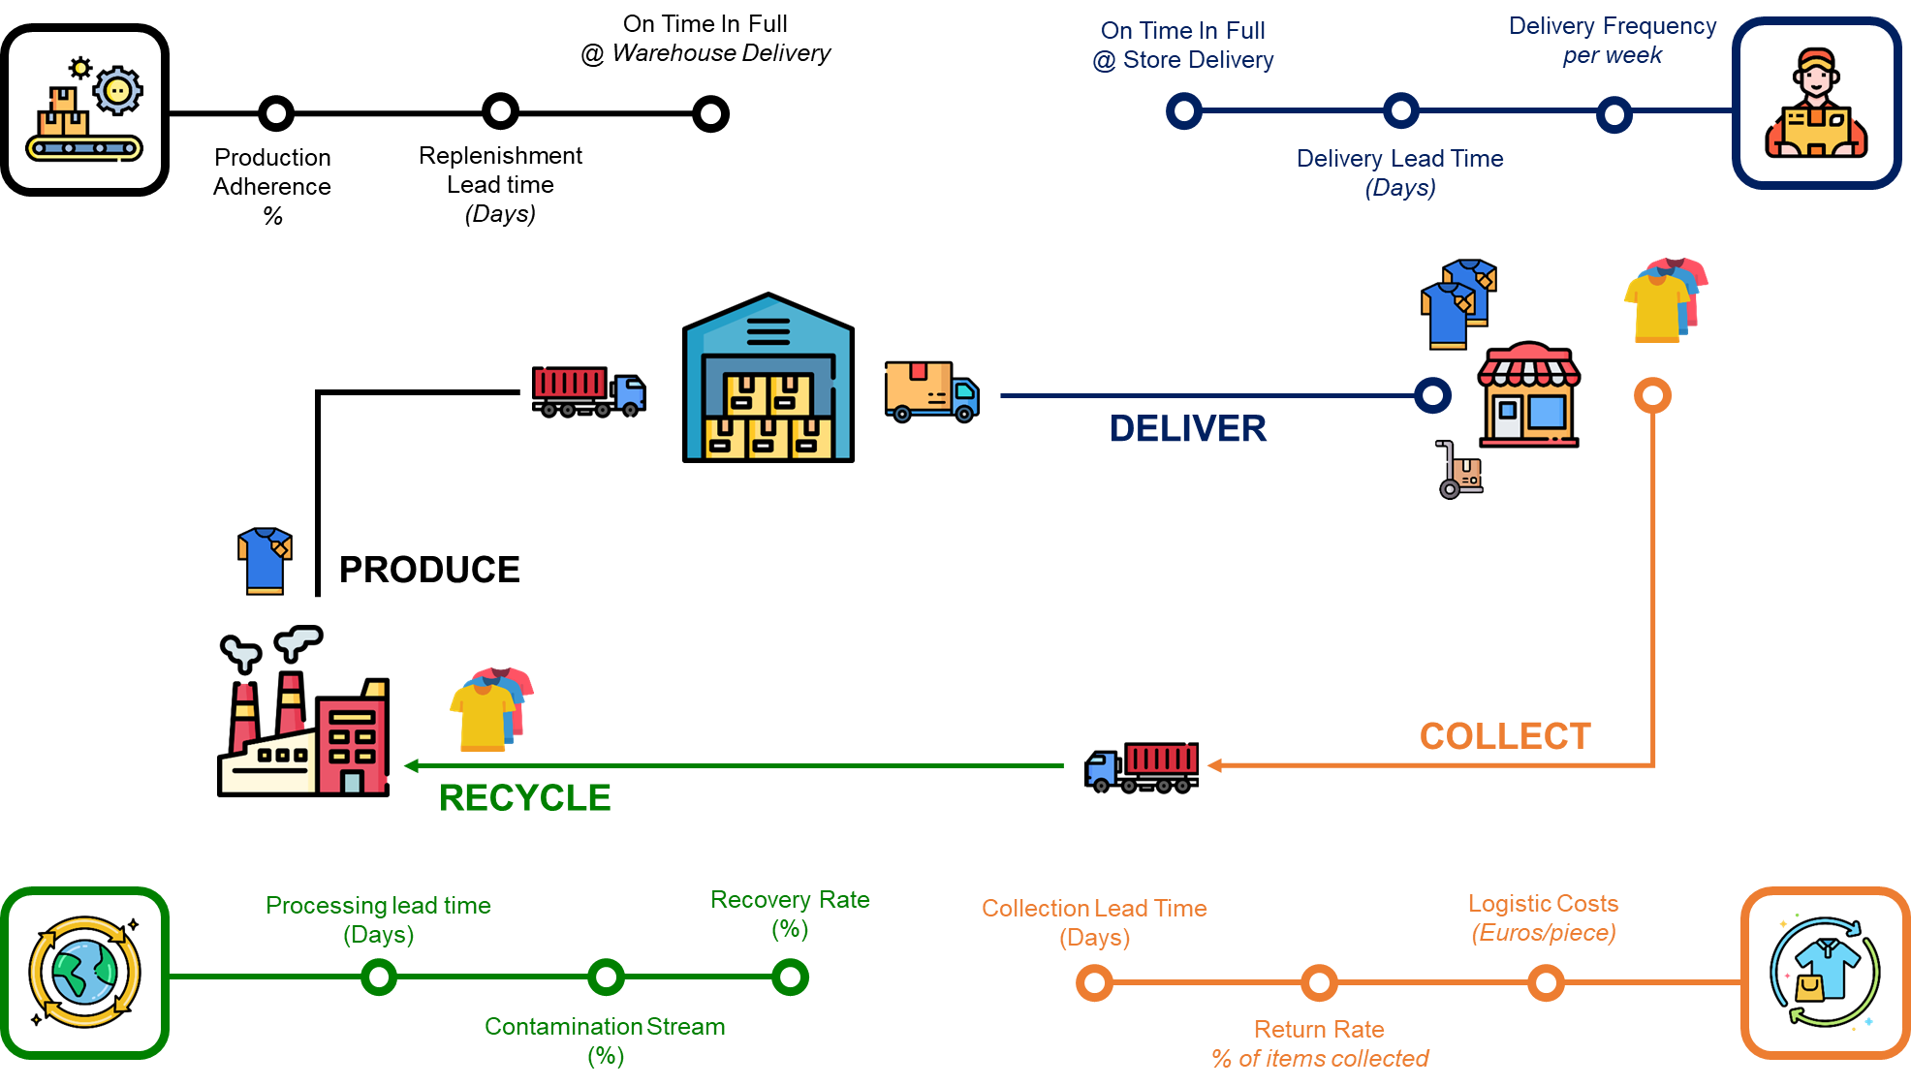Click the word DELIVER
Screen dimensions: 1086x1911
click(x=1188, y=429)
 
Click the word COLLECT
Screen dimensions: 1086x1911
click(x=1505, y=736)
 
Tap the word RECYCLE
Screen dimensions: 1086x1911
click(x=525, y=798)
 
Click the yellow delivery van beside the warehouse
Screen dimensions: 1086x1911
click(x=931, y=390)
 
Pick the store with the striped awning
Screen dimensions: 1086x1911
click(x=1529, y=395)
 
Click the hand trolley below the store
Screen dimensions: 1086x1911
click(x=1460, y=471)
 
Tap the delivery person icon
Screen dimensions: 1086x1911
click(x=1817, y=104)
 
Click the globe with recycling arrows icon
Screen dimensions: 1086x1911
click(x=85, y=973)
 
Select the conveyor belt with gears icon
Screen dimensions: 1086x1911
click(x=85, y=109)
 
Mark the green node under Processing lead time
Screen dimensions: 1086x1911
click(x=379, y=977)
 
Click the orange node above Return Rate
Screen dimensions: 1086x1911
click(x=1319, y=983)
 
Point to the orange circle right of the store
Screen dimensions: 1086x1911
click(x=1652, y=395)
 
